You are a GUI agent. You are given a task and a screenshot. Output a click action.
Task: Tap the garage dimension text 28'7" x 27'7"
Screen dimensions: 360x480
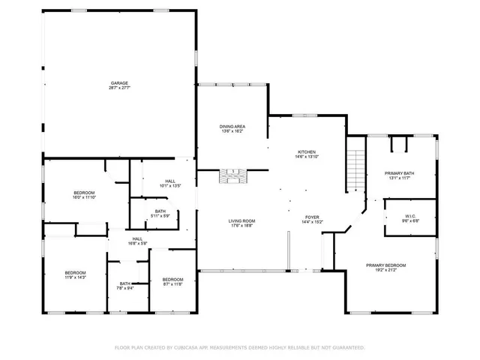click(x=119, y=88)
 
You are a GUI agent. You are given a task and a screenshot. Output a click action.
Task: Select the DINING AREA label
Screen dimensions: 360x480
click(x=232, y=126)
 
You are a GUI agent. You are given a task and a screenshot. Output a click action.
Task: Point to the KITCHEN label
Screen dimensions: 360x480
click(x=307, y=152)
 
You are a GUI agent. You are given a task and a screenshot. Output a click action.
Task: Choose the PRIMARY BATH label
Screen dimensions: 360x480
click(x=400, y=173)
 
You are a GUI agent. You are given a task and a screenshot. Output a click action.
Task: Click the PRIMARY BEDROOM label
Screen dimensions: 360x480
click(x=385, y=265)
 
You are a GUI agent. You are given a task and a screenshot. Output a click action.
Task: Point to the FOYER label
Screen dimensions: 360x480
click(x=312, y=217)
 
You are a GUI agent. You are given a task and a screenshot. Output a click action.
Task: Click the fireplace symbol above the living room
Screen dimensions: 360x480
click(x=232, y=176)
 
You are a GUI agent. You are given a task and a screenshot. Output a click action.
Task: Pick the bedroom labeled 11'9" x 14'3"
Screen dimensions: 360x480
click(x=75, y=272)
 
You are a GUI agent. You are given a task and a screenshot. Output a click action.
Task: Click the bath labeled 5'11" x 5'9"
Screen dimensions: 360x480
click(x=160, y=211)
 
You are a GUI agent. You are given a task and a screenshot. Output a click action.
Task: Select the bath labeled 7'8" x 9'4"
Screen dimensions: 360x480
click(x=124, y=283)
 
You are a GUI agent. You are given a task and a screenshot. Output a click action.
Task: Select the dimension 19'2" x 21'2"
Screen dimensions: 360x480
click(x=385, y=271)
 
